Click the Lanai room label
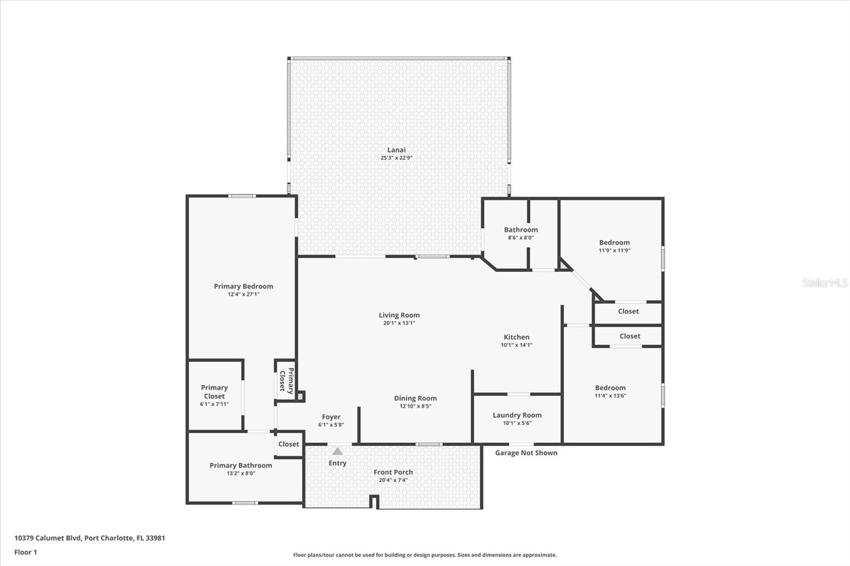tap(396, 150)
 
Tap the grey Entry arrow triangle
tap(337, 451)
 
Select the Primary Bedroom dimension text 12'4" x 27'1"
tap(243, 294)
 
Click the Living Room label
tap(399, 315)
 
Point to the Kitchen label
tap(516, 337)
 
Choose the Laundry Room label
tap(517, 415)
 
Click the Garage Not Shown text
tap(526, 453)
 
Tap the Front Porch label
tap(393, 472)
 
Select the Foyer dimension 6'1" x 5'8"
tap(331, 425)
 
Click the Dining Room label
tap(415, 398)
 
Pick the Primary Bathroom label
tap(241, 465)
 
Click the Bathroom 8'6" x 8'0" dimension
tap(521, 238)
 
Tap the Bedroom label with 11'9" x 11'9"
tap(614, 242)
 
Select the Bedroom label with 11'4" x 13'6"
tap(610, 388)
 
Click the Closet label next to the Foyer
tap(288, 444)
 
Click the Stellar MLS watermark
tap(824, 283)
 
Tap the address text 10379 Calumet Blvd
tap(48, 538)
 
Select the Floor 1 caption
tap(25, 552)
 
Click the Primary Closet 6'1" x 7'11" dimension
tap(214, 404)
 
